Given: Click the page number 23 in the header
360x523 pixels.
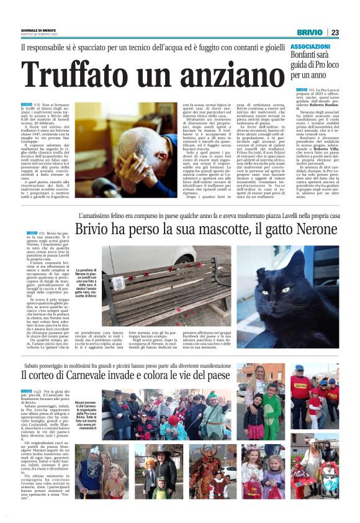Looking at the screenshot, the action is pos(335,32).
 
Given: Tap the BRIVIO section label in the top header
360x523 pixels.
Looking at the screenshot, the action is pos(309,32).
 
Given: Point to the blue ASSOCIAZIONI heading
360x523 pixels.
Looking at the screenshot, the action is pos(310,47).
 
